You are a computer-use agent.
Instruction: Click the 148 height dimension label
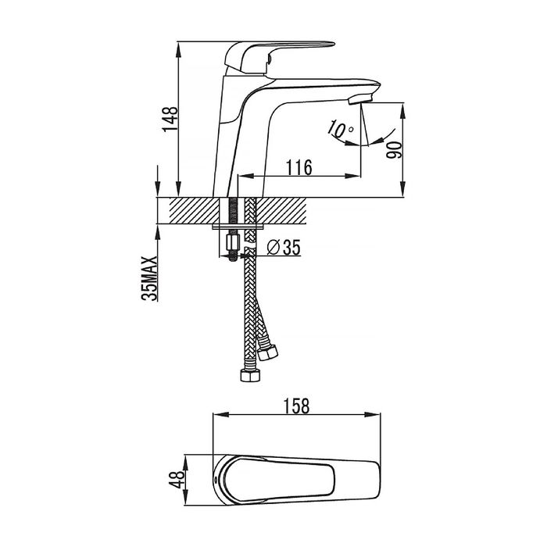click(x=170, y=119)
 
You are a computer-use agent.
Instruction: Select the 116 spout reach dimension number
click(x=299, y=167)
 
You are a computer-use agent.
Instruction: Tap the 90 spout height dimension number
click(x=394, y=150)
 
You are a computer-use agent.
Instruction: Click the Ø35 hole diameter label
click(x=283, y=248)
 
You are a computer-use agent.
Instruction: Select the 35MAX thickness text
click(x=149, y=278)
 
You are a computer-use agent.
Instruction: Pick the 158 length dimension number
click(x=296, y=406)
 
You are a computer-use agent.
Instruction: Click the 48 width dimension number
click(x=176, y=479)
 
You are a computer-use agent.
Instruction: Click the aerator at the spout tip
click(x=360, y=99)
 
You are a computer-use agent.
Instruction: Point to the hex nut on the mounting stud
click(x=233, y=241)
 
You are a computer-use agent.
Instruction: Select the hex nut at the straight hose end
click(x=251, y=376)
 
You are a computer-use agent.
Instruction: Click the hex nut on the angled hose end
click(x=268, y=353)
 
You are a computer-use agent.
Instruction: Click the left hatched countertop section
click(x=195, y=210)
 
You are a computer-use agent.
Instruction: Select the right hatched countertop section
click(x=281, y=210)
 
